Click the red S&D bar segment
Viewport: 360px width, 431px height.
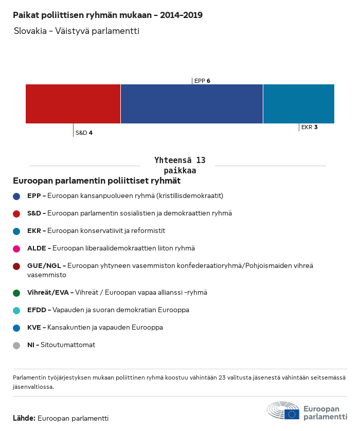point(73,104)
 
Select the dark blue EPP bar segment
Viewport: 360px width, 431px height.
point(192,104)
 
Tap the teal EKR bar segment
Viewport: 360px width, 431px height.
point(299,104)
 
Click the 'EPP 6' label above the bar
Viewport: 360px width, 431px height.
point(202,81)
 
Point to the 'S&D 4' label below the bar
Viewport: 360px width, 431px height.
point(84,133)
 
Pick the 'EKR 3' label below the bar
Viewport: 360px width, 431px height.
point(309,127)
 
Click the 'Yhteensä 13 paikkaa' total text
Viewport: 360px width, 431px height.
point(179,165)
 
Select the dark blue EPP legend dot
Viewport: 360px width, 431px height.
point(16,196)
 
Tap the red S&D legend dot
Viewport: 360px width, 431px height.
point(16,213)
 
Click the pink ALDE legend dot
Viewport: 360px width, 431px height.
point(16,248)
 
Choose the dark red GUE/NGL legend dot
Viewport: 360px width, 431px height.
point(16,266)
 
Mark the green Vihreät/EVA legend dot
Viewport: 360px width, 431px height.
point(16,293)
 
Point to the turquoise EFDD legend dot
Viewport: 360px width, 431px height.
point(16,310)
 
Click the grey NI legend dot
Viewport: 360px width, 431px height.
point(16,345)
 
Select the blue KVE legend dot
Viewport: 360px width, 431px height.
point(16,328)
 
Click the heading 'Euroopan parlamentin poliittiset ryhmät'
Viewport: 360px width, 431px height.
point(97,181)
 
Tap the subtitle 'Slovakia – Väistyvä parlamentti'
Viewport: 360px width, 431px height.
point(77,31)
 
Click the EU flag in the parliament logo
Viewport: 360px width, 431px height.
point(292,414)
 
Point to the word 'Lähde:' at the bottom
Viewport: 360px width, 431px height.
point(24,418)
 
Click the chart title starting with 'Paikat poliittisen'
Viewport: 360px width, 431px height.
point(107,15)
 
